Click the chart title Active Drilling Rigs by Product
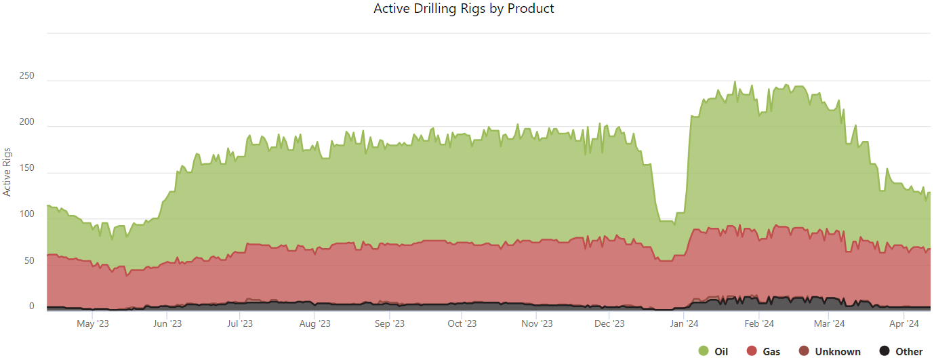464,9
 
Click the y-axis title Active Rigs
7,172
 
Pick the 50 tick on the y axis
30,260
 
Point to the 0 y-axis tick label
31,306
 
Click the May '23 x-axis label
93,324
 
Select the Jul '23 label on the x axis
239,324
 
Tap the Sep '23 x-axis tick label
389,324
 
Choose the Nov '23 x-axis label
536,324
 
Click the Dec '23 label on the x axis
609,324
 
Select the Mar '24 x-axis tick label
829,324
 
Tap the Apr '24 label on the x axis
904,324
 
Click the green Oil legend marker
703,351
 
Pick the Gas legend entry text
771,352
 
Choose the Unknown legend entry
831,352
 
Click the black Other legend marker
884,351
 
